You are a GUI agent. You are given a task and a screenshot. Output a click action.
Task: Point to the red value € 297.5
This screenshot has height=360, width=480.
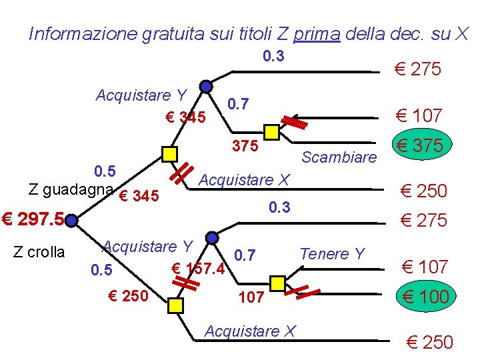[33, 219]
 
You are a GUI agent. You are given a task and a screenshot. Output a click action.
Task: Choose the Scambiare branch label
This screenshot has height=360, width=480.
[339, 157]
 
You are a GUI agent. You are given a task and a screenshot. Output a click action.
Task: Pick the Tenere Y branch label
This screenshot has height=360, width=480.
[332, 254]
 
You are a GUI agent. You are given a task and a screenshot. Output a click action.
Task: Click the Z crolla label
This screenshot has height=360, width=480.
[39, 252]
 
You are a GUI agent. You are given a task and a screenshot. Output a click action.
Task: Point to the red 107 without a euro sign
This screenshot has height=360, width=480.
[251, 297]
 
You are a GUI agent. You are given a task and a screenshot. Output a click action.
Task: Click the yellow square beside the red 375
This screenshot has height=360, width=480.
[271, 131]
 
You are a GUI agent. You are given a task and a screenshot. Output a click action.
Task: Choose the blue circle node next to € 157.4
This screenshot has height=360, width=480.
[211, 237]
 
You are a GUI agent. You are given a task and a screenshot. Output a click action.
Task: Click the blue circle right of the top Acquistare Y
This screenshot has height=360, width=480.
[207, 87]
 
